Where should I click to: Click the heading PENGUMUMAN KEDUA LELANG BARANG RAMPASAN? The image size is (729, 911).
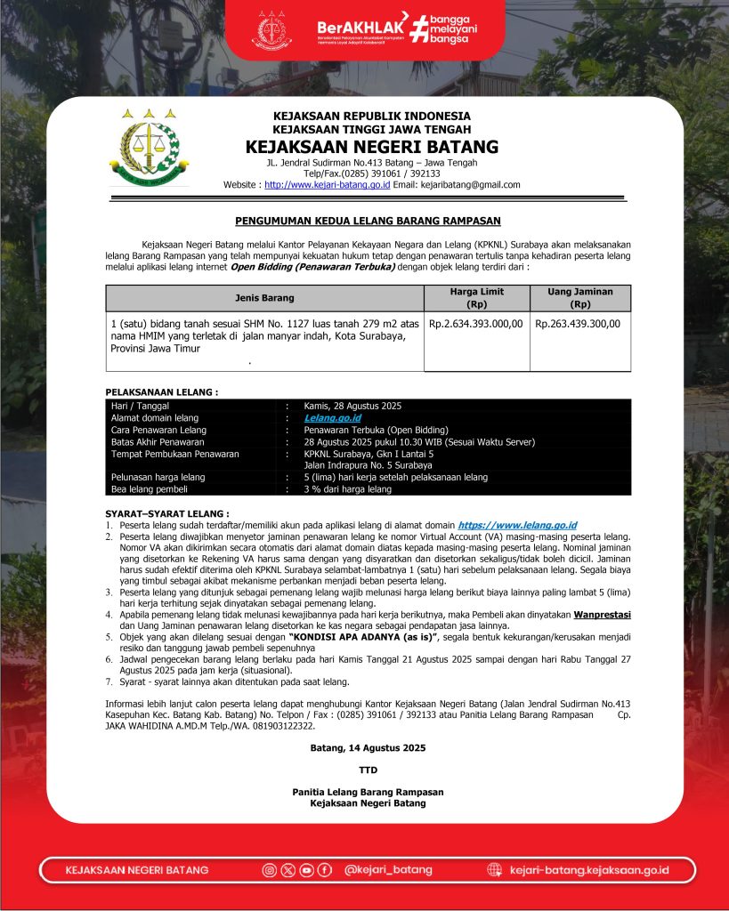368,220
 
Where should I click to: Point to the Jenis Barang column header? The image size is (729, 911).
264,298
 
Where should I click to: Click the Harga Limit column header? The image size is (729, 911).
476,298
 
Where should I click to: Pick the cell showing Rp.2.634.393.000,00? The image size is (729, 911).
476,324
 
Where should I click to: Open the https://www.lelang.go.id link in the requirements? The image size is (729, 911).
517,526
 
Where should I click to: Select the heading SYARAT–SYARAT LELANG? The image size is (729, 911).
167,514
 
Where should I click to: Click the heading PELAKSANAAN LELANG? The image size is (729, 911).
162,391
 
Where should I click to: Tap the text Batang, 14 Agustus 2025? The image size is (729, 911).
368,748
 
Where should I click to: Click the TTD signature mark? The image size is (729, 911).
368,770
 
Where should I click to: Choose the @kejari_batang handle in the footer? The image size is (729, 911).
388,869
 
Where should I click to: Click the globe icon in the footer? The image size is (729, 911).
495,869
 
